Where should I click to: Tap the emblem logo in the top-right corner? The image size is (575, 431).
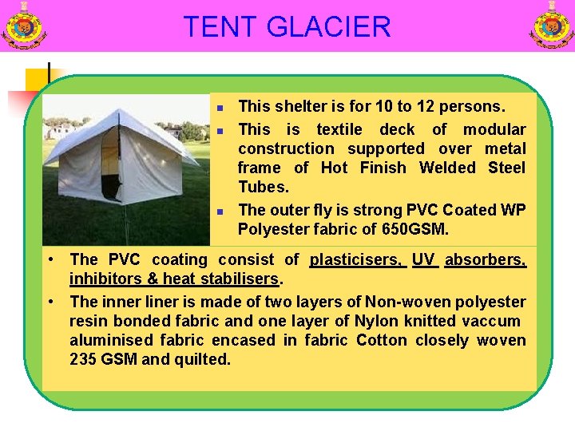point(552,26)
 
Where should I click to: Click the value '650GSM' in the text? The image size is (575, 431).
point(415,229)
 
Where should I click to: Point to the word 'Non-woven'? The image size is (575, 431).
point(402,302)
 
